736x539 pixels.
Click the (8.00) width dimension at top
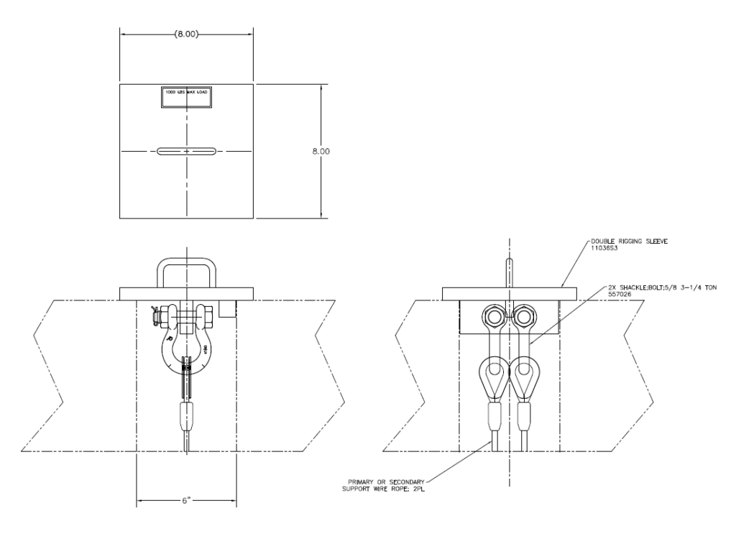[186, 34]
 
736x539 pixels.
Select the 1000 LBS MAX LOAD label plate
[186, 98]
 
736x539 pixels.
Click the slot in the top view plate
[186, 152]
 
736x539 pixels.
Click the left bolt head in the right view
[493, 317]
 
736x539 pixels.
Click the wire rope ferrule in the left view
[186, 415]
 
